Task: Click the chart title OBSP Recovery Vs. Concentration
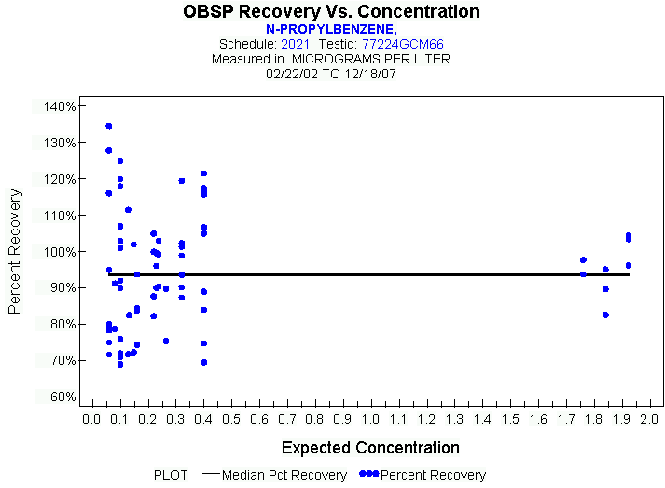point(332,12)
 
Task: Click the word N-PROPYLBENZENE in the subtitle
point(331,29)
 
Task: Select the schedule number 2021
point(296,44)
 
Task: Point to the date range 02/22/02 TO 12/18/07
point(331,73)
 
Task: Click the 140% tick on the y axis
point(59,106)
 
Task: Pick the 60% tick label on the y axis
point(61,397)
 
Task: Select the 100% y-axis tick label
point(59,252)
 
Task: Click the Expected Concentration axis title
point(370,448)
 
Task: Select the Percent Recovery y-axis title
point(15,251)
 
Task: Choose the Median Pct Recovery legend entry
point(285,475)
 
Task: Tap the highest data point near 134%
point(108,126)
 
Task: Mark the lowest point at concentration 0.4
point(203,362)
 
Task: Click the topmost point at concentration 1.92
point(629,236)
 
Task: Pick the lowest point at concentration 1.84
point(605,314)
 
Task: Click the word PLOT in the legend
point(171,475)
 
